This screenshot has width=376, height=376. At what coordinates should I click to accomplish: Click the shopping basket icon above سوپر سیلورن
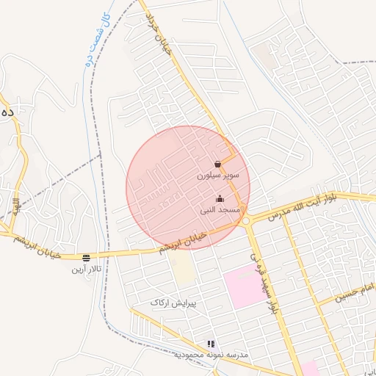point(218,164)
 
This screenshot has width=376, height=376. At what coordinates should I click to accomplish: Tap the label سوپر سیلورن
point(217,176)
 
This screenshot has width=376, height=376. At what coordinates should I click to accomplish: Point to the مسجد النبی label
point(219,209)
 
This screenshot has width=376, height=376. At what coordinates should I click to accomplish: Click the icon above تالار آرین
point(87,258)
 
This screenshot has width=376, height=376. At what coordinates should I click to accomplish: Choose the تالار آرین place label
point(86,270)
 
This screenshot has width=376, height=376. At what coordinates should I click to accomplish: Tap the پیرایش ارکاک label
point(170,303)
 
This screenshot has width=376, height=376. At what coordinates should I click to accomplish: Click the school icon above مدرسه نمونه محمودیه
point(211,343)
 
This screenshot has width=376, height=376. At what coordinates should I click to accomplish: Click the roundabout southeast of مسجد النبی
point(245,220)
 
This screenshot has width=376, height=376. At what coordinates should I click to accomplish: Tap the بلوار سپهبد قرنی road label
point(265,283)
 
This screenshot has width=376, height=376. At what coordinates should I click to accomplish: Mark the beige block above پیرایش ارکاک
point(184,271)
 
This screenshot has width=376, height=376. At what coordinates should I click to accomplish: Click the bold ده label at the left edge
point(7,112)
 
